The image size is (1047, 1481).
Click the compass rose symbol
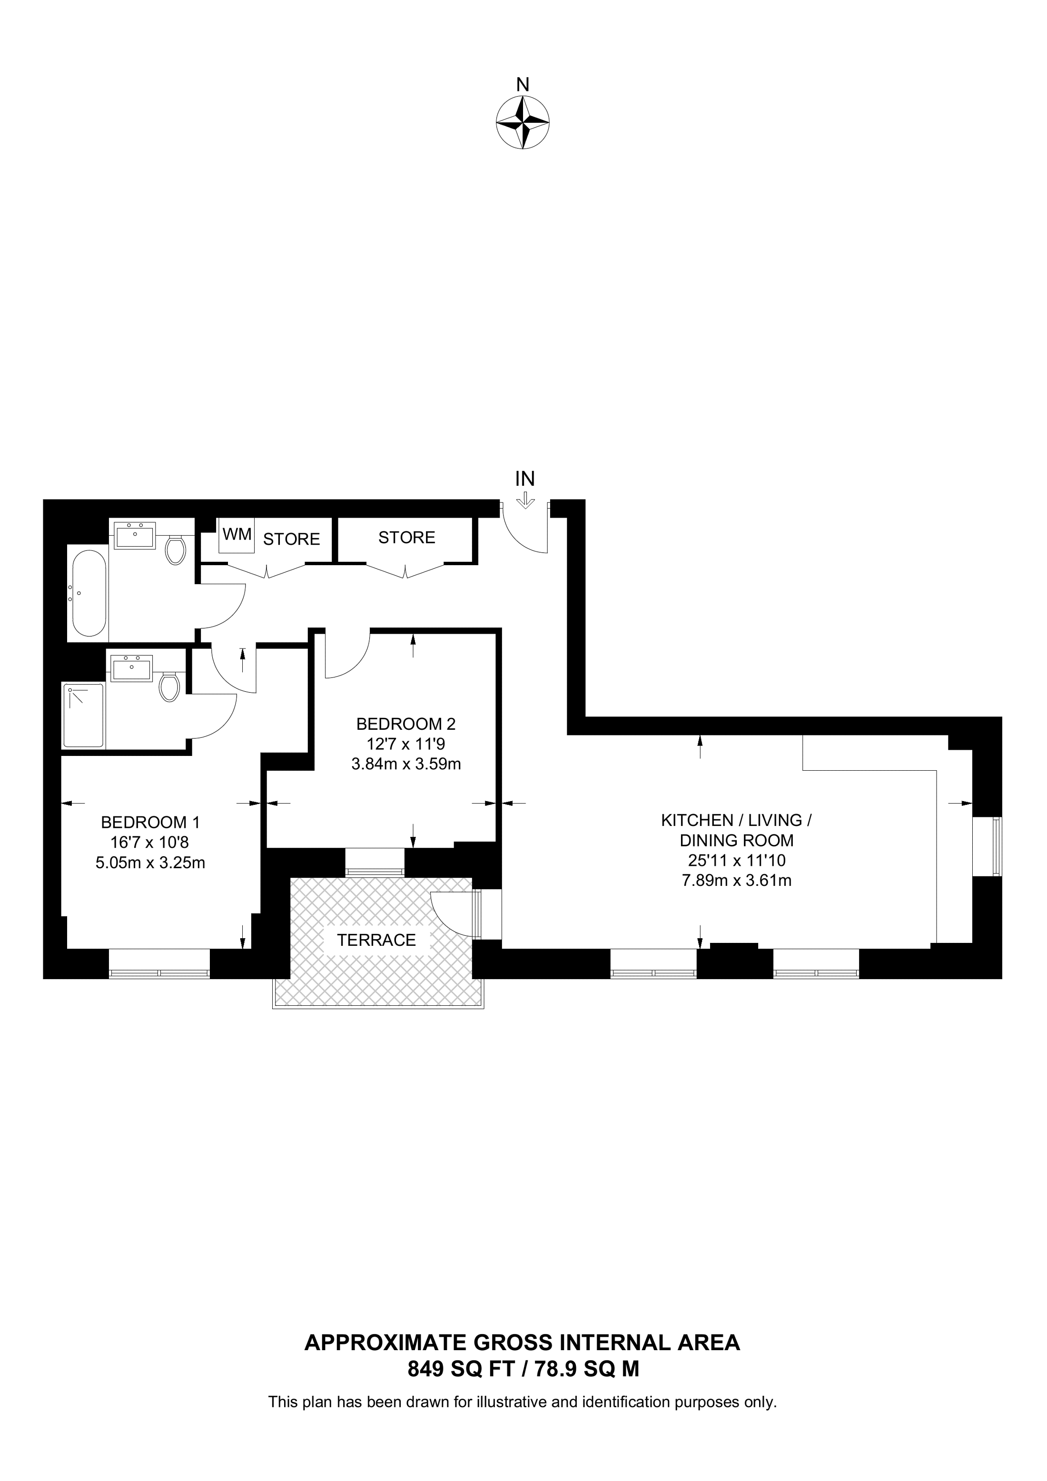(523, 123)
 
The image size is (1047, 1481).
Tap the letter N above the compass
(523, 85)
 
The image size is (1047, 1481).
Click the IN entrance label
(525, 479)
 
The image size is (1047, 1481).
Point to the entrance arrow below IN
(526, 500)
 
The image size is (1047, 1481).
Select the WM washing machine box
(237, 535)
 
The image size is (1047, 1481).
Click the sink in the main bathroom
(135, 535)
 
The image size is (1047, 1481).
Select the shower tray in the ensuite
(83, 716)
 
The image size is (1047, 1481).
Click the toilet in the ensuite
(170, 686)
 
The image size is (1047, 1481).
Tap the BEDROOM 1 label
(150, 823)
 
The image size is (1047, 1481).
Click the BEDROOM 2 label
(406, 723)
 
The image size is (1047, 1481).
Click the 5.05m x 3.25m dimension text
(150, 863)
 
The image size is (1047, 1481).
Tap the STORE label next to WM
(292, 539)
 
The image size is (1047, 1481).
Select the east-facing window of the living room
(998, 846)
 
